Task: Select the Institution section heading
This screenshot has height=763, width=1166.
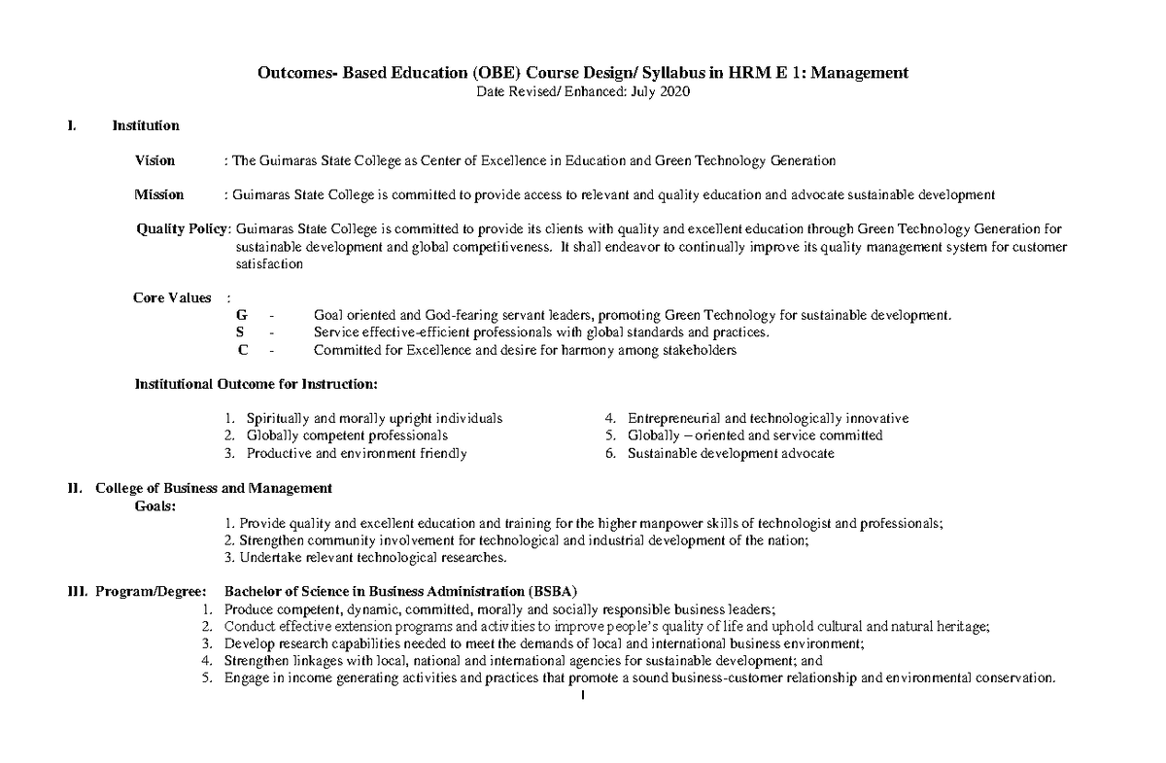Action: click(145, 125)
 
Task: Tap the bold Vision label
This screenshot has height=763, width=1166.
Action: click(154, 160)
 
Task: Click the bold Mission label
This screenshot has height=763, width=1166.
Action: click(158, 194)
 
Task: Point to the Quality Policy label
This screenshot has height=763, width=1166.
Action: click(182, 228)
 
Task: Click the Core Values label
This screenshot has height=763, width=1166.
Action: click(172, 297)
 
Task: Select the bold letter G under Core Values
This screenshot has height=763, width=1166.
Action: click(242, 316)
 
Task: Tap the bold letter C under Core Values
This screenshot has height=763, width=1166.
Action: click(242, 350)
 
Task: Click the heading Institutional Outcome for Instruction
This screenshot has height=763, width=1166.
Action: click(256, 384)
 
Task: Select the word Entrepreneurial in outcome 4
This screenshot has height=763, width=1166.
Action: click(674, 418)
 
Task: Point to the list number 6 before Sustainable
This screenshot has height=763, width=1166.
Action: click(608, 453)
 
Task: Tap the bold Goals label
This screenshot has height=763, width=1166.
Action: click(154, 505)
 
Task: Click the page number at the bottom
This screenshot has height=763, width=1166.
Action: click(581, 696)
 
